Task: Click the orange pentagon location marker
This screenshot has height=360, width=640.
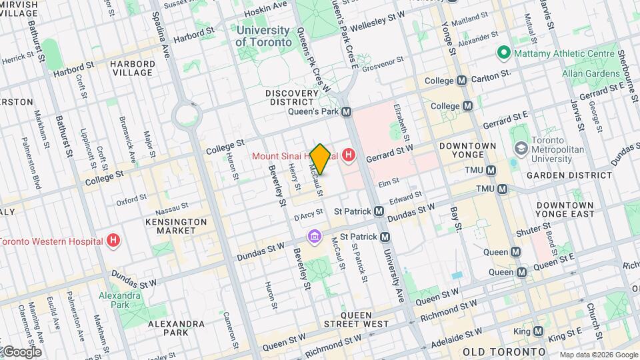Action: pyautogui.click(x=320, y=159)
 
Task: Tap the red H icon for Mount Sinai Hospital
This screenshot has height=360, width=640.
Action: pyautogui.click(x=348, y=157)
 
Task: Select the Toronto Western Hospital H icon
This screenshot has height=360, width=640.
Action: pyautogui.click(x=115, y=241)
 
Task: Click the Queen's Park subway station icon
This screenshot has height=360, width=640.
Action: pyautogui.click(x=346, y=113)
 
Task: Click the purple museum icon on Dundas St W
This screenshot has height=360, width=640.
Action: pyautogui.click(x=313, y=237)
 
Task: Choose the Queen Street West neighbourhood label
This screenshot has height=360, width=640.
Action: pyautogui.click(x=365, y=319)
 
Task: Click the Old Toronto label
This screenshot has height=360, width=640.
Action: pyautogui.click(x=505, y=351)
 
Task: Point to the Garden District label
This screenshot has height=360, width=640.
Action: pyautogui.click(x=579, y=175)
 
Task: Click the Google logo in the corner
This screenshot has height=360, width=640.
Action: pyautogui.click(x=21, y=351)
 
